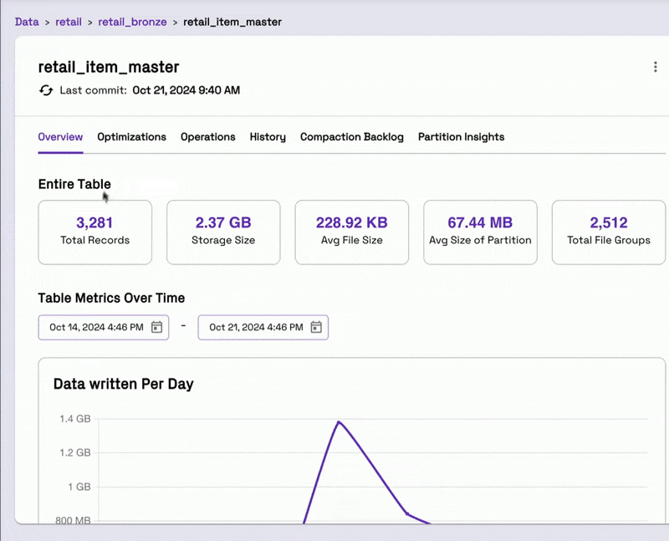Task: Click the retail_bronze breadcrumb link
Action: click(x=132, y=23)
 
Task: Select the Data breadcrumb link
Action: click(x=27, y=22)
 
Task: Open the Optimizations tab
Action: click(x=132, y=137)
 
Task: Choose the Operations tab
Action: click(x=207, y=137)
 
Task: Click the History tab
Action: click(x=268, y=137)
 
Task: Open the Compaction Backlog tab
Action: click(x=351, y=137)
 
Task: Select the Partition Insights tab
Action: click(x=462, y=137)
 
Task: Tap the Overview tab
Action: click(x=60, y=137)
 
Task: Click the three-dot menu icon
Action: click(x=656, y=67)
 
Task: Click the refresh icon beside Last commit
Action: click(x=46, y=90)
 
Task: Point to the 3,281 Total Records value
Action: click(x=94, y=222)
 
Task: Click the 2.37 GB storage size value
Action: click(x=223, y=222)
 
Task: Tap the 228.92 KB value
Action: click(x=351, y=222)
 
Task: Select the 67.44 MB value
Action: click(x=480, y=222)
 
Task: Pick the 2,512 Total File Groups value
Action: click(x=609, y=222)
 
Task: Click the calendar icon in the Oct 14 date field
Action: click(x=157, y=327)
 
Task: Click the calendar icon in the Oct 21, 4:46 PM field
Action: click(x=316, y=327)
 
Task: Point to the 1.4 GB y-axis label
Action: click(x=75, y=419)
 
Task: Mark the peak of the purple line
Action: click(x=339, y=422)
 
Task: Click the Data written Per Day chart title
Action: click(x=123, y=384)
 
